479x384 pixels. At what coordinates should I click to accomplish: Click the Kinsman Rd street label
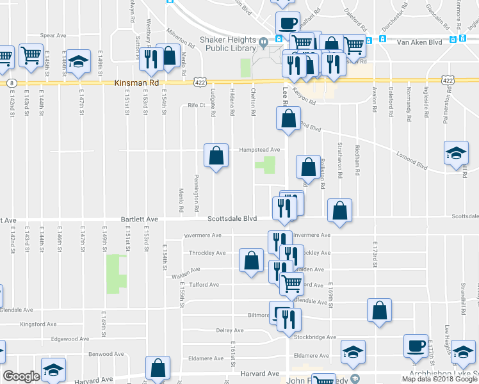click(136, 83)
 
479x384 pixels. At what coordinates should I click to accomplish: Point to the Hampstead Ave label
click(260, 150)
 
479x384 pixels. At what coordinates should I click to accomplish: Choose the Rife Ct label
click(196, 106)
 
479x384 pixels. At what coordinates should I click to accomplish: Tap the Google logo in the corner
click(20, 376)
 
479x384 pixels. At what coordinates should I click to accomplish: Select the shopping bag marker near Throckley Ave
click(251, 260)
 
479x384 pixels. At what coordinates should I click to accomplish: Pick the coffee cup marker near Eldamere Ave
click(416, 346)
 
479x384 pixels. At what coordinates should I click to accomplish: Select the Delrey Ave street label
click(230, 330)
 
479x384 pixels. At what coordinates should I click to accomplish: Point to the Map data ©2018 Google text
click(439, 379)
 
